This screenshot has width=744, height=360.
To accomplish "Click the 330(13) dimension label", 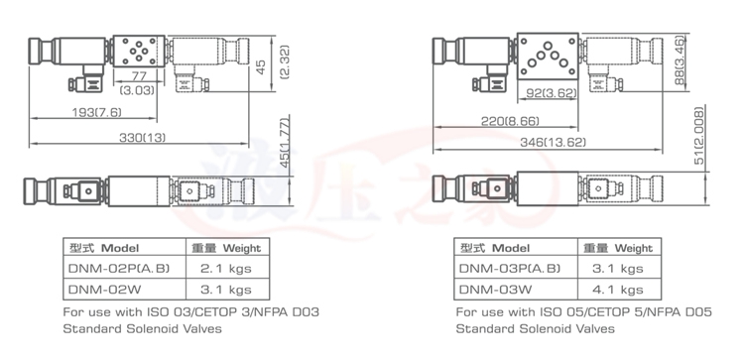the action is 142,138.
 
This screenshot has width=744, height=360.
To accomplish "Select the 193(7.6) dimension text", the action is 96,112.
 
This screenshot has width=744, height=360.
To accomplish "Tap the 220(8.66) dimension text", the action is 510,121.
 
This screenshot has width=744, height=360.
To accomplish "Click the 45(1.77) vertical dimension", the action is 285,140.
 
